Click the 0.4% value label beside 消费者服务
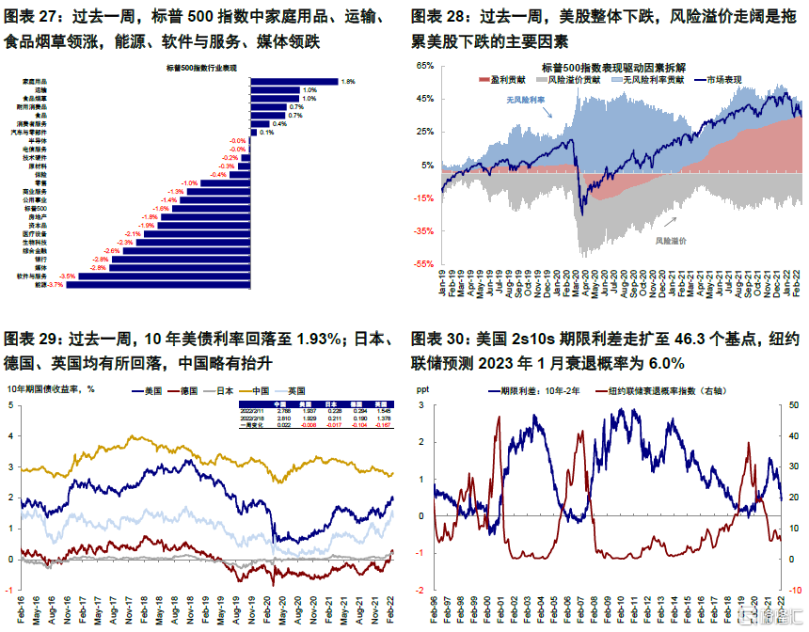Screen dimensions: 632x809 click(x=279, y=123)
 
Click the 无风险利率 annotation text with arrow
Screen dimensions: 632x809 click(x=524, y=98)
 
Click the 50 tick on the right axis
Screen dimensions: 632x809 click(x=793, y=405)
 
